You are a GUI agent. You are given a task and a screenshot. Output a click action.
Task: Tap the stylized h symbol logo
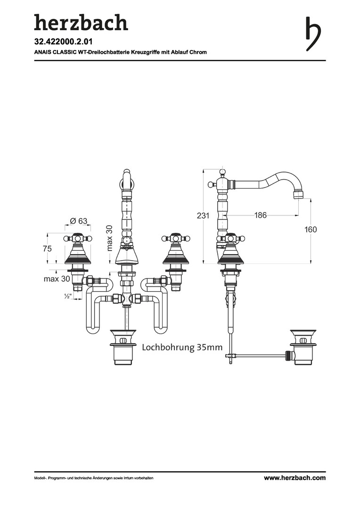pyautogui.click(x=313, y=33)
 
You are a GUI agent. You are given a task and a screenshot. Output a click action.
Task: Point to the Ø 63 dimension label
pyautogui.click(x=78, y=221)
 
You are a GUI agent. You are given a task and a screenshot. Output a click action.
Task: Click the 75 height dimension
pyautogui.click(x=48, y=249)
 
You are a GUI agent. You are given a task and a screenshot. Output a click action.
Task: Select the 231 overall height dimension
pyautogui.click(x=203, y=215)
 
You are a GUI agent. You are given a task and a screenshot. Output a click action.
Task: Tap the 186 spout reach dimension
pyautogui.click(x=261, y=215)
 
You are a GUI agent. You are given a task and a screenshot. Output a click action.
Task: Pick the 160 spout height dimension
pyautogui.click(x=311, y=230)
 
